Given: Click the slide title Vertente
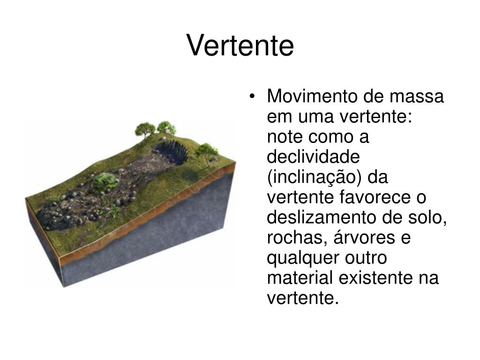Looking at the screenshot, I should (x=240, y=46).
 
